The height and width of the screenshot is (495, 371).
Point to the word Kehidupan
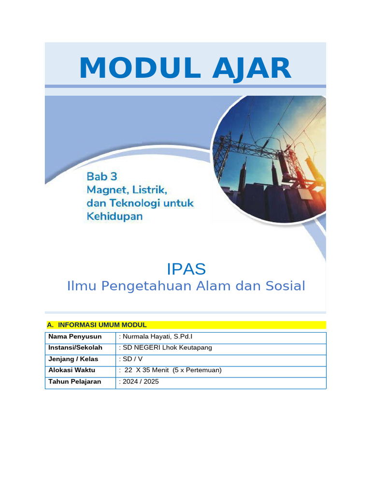114,216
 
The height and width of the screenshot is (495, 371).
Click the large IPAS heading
186,269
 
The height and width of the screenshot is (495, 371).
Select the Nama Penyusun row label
75,336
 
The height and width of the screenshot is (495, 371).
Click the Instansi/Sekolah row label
75,348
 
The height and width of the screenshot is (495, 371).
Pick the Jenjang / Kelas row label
73,359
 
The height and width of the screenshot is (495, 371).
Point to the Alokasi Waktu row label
71,370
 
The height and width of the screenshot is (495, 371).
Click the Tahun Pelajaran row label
74,381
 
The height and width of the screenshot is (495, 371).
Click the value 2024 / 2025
139,381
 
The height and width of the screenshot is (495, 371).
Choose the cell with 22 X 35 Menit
170,370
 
